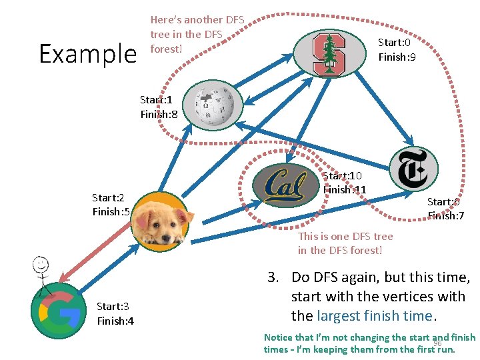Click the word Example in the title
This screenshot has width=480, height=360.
pos(87,53)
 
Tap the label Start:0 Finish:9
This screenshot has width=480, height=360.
pos(397,50)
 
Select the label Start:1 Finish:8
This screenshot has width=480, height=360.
pos(158,107)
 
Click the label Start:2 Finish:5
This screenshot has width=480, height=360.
pos(111,205)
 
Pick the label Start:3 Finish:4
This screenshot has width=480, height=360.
pos(115,313)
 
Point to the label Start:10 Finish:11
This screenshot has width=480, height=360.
pos(344,183)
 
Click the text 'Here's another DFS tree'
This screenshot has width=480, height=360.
pos(197,27)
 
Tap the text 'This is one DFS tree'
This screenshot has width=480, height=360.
pos(345,236)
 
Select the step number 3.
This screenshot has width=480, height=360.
pos(271,278)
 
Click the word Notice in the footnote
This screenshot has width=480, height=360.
pos(278,337)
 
